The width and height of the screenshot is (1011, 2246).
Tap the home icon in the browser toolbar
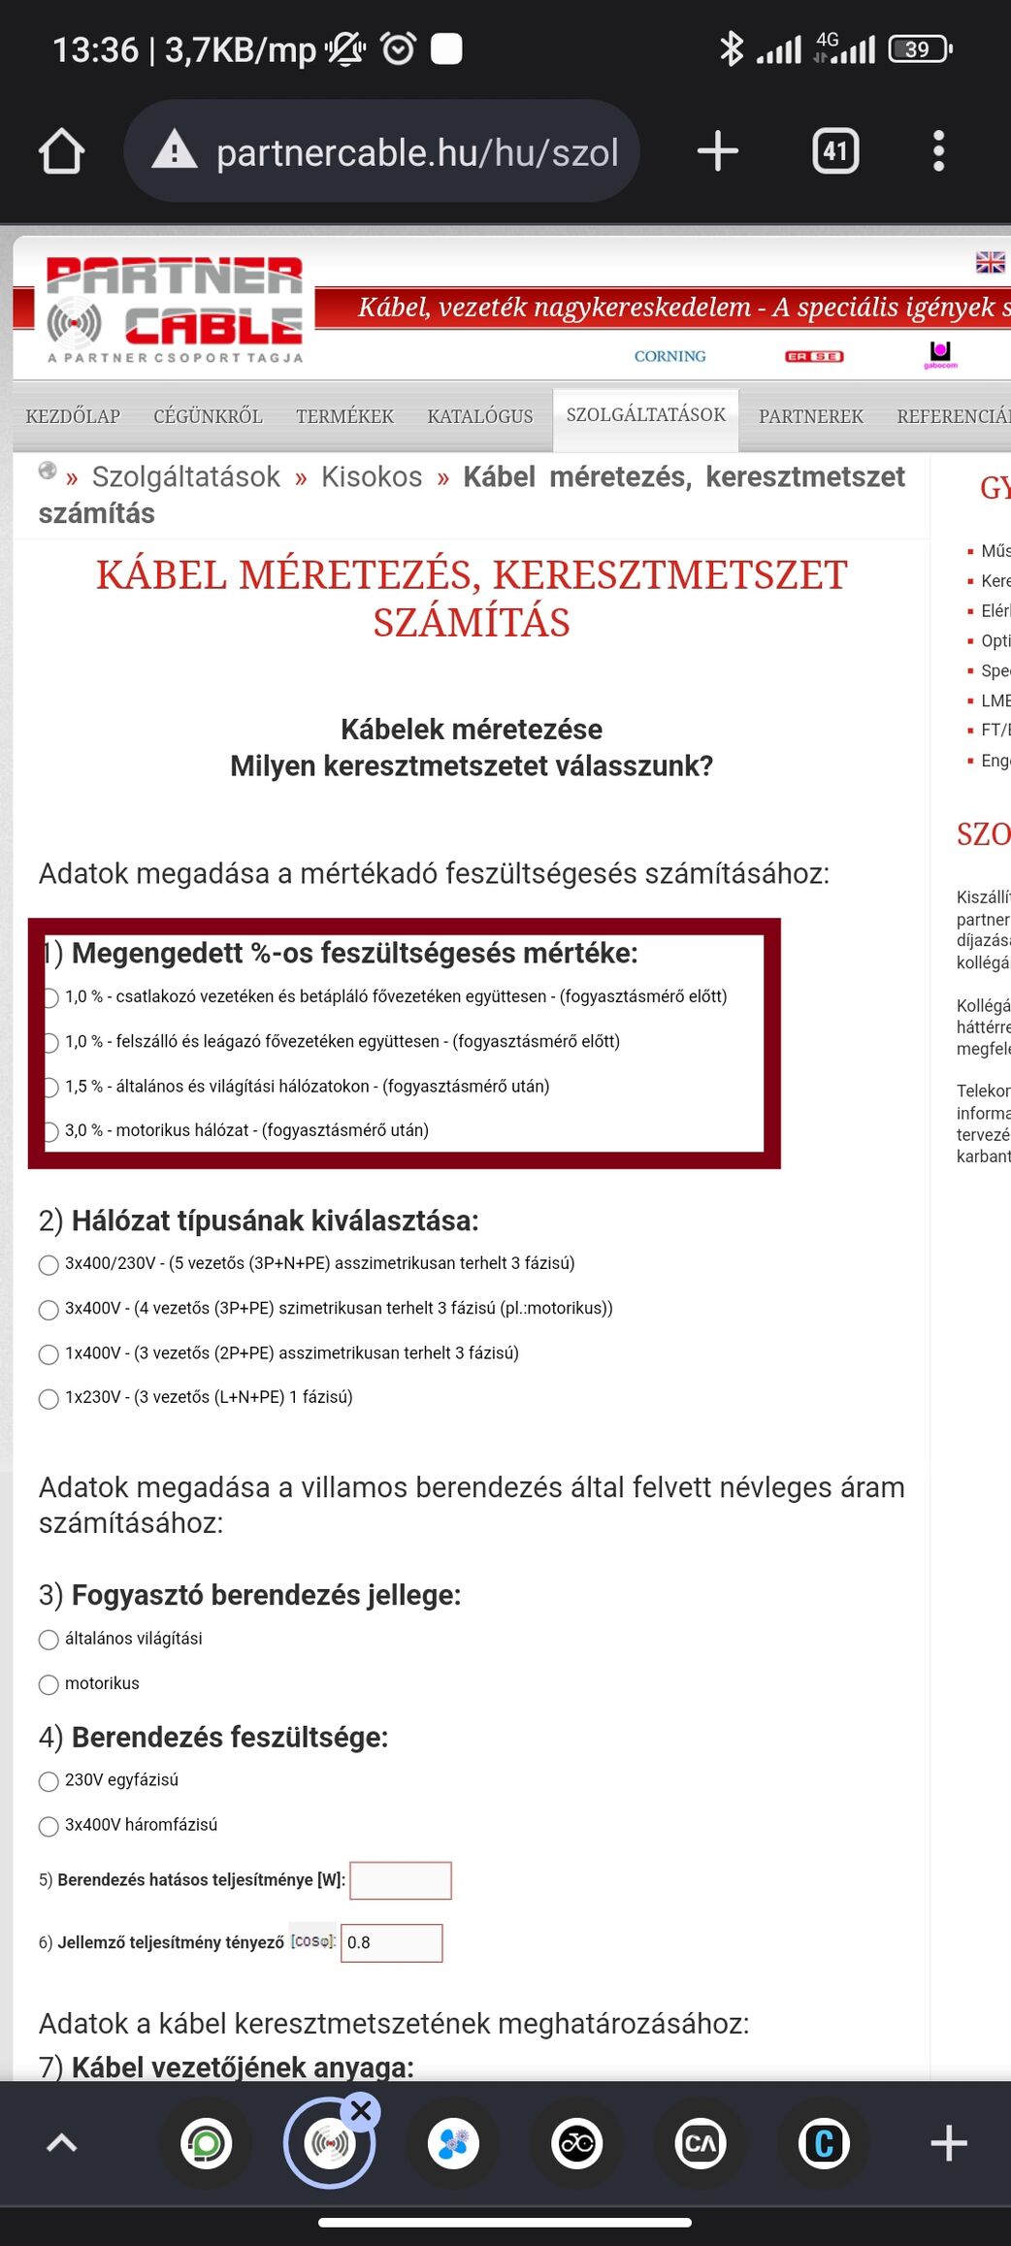62,152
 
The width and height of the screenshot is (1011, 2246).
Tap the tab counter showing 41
834,151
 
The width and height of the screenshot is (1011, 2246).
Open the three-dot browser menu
937,151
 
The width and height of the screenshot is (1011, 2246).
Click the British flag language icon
990,262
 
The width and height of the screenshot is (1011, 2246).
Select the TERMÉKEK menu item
344,416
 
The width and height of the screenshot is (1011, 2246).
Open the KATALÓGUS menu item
479,416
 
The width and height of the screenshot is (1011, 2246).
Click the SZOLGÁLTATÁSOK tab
645,415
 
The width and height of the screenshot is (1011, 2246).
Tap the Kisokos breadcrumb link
372,476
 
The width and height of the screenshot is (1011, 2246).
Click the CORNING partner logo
669,356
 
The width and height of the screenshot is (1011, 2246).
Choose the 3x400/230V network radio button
49,1265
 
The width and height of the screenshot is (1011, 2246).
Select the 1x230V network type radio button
49,1399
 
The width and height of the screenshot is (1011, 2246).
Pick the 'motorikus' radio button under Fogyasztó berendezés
49,1685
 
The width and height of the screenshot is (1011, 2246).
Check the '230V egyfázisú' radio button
49,1781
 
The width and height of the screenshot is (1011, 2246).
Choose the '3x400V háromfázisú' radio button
49,1827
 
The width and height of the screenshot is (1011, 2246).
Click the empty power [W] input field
400,1880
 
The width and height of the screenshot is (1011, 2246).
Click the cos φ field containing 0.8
391,1942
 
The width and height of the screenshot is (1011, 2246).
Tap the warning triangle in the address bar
175,151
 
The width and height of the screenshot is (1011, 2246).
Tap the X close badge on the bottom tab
361,2111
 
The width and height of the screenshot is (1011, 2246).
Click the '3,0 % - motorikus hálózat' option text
246,1130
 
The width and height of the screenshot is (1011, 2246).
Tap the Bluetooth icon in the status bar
731,49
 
